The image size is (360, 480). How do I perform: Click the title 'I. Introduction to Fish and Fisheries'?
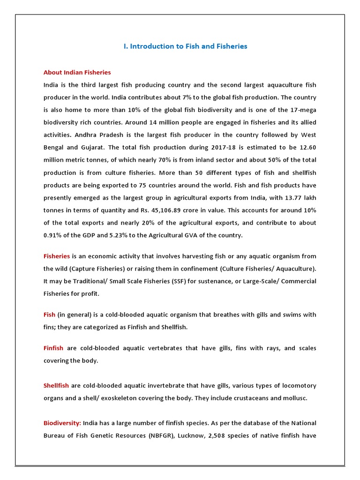(185, 46)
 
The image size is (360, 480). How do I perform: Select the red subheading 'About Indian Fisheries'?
(77, 73)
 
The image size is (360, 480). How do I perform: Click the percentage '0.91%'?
(53, 235)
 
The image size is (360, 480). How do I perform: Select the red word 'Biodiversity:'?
(62, 423)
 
